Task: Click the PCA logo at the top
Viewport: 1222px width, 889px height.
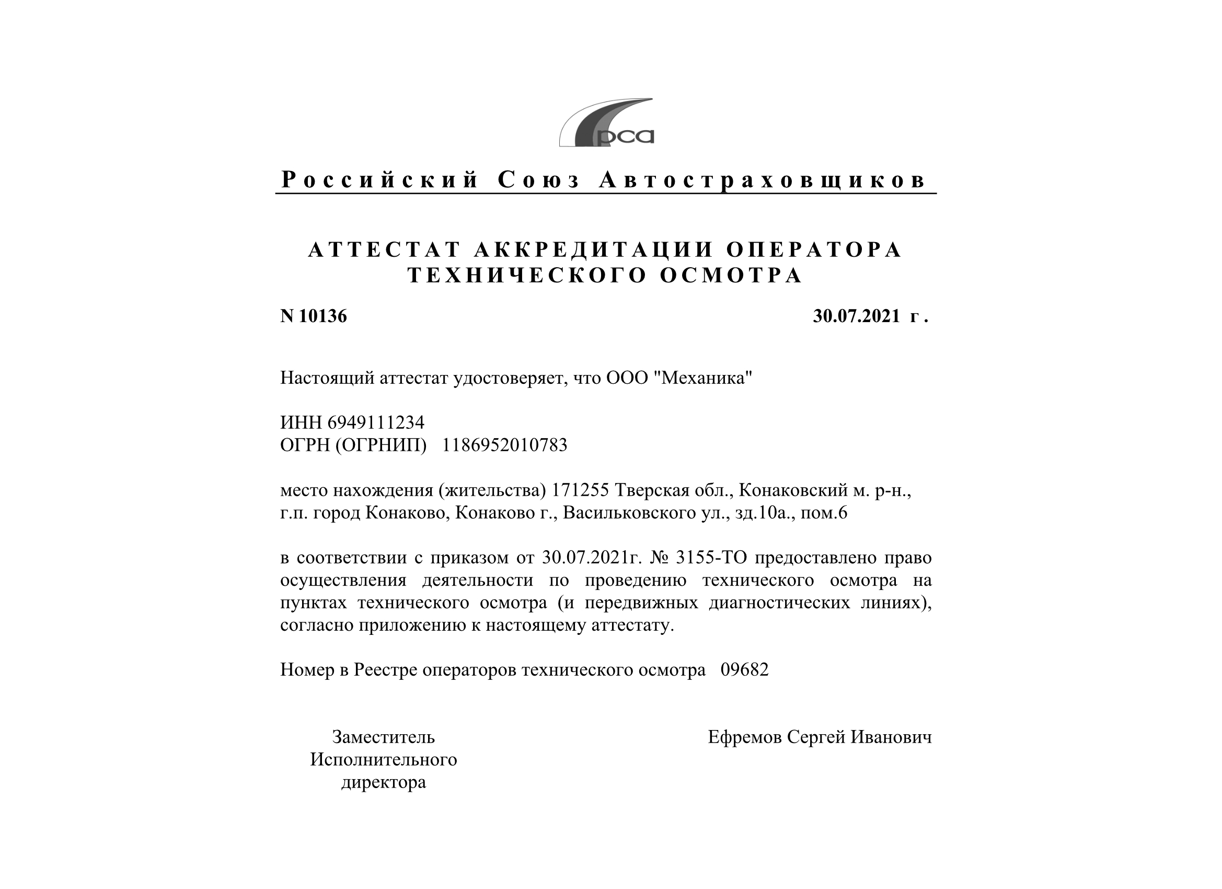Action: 606,123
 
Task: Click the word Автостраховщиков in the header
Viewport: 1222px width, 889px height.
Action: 763,180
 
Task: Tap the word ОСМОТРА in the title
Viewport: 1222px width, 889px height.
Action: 731,276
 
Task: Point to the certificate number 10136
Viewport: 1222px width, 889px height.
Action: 322,316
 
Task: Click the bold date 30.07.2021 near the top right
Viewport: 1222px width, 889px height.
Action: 856,316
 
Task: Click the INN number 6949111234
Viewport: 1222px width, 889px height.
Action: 376,421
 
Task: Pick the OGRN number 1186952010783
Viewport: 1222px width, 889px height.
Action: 504,445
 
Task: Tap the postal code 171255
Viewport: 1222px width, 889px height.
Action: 580,490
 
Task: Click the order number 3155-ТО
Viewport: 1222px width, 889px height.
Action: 711,557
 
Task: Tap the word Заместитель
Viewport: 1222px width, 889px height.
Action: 383,737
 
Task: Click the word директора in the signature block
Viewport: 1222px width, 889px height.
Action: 383,782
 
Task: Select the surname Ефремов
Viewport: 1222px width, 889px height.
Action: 745,737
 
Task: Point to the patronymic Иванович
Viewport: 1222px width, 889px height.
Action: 891,737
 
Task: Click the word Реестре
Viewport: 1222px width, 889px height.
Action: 385,669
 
